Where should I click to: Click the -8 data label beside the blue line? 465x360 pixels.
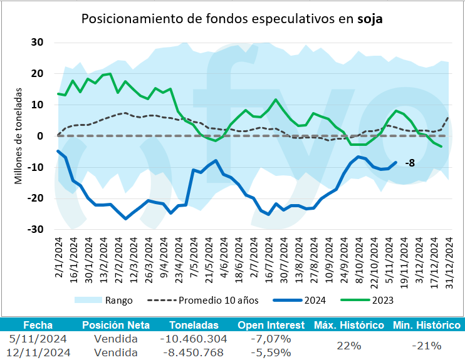410,163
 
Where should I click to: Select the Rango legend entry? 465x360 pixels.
118,301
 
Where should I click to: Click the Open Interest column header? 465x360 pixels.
271,326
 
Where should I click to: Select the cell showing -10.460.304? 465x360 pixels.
194,339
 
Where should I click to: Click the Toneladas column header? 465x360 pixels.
194,326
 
